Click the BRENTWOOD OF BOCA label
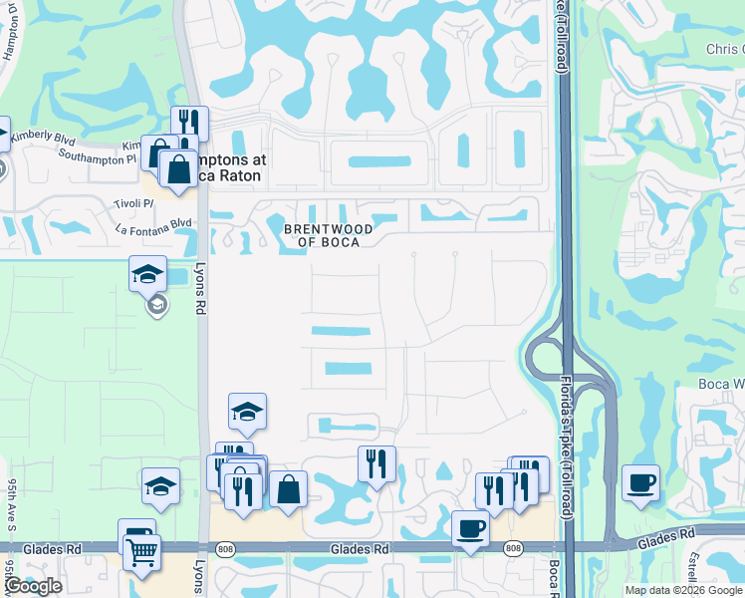click(x=329, y=235)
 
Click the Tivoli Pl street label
click(x=134, y=202)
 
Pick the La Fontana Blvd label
click(x=153, y=224)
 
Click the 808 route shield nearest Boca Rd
click(x=513, y=548)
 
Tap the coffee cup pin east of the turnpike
click(x=640, y=483)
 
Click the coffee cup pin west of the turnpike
click(x=470, y=527)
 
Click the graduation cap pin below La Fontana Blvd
click(x=147, y=274)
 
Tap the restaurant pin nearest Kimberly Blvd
click(x=188, y=123)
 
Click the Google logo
click(x=33, y=587)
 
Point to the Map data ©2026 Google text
click(x=683, y=590)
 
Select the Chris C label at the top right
click(x=724, y=50)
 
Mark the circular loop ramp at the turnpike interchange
click(x=544, y=357)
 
